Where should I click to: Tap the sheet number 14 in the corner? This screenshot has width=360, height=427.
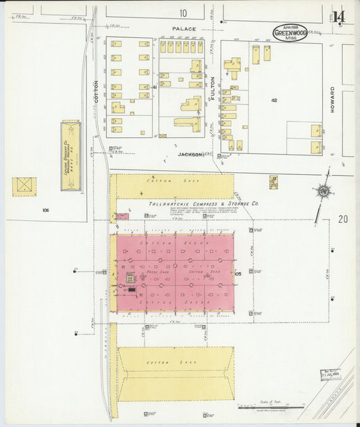click(x=338, y=16)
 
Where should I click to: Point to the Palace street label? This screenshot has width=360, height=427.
click(x=183, y=29)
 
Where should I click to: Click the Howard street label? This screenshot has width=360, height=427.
click(x=332, y=99)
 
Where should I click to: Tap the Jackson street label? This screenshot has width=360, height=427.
click(x=190, y=155)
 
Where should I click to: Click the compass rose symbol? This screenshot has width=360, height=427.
click(x=324, y=191)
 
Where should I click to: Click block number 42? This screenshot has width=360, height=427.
click(x=274, y=100)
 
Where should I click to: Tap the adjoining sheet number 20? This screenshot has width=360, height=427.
click(x=343, y=219)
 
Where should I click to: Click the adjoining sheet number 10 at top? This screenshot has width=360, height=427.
click(x=183, y=13)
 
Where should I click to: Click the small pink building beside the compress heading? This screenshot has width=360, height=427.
click(x=122, y=216)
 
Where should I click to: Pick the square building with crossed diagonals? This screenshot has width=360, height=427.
click(x=24, y=186)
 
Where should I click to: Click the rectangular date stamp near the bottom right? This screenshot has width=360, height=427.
click(x=330, y=375)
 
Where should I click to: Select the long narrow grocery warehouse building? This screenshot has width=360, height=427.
click(x=71, y=146)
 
